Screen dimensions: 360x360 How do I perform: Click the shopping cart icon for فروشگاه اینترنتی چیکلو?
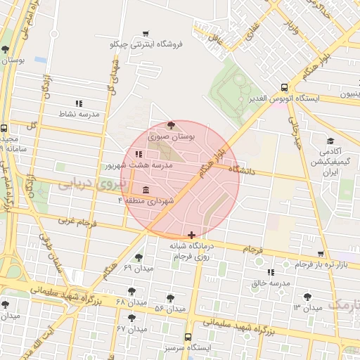146,33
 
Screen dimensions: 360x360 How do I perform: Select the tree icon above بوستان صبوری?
171,125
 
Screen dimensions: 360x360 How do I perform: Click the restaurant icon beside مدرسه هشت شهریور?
139,155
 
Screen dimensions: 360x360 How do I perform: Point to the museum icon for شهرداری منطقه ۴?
146,191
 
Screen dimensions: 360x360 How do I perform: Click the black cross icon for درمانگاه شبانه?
192,234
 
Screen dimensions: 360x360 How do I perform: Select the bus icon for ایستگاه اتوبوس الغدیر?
283,88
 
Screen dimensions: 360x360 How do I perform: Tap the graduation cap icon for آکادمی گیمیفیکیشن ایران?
330,140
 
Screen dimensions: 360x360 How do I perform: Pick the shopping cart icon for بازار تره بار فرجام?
321,255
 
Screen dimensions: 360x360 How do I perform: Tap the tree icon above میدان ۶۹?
139,257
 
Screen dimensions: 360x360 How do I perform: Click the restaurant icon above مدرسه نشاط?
79,103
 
